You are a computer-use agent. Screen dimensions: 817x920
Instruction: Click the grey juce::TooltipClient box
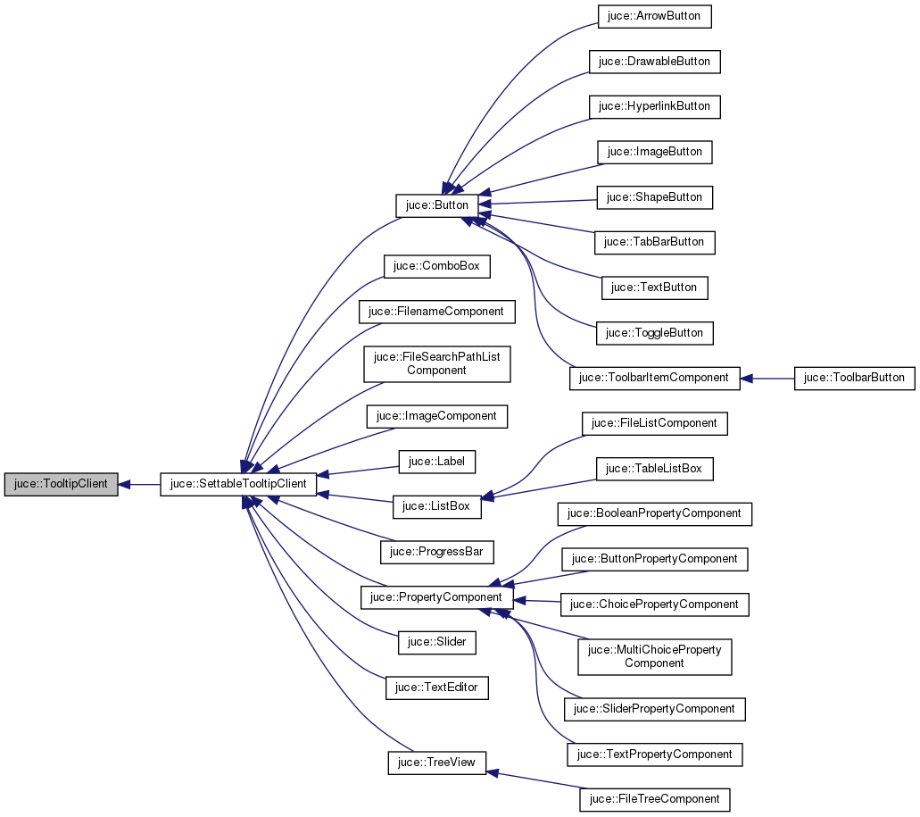61,485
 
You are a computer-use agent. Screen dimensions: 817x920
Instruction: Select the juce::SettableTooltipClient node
238,485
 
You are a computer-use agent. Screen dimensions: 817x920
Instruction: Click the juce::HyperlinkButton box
654,106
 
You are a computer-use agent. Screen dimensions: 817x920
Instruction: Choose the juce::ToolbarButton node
855,378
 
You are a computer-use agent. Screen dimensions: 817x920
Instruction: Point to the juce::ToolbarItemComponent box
654,378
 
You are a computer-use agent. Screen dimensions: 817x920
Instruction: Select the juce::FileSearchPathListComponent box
437,363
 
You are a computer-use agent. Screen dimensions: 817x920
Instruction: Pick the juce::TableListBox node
654,469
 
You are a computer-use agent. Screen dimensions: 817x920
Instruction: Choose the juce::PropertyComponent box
437,597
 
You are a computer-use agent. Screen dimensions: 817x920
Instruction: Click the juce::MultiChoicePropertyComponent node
654,656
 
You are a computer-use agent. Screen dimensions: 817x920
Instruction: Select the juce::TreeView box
437,763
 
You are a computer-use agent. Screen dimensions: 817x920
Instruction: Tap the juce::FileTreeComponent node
654,799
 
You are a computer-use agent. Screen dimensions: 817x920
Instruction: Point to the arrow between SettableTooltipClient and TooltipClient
139,485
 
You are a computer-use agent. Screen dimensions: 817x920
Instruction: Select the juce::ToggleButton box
654,333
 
